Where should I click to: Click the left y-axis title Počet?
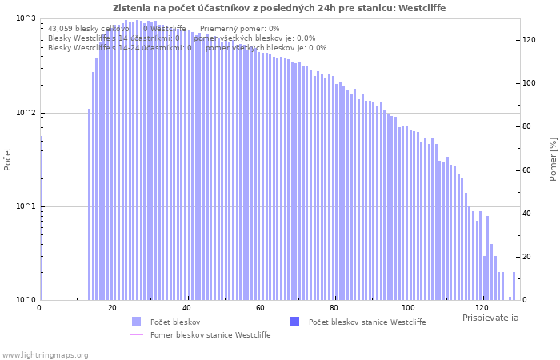coord(8,158)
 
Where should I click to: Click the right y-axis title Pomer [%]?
coord(552,158)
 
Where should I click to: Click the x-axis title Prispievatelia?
coord(490,318)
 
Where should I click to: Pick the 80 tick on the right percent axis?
coord(530,126)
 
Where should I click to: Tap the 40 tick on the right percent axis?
coord(530,214)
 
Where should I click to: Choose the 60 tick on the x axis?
coord(261,308)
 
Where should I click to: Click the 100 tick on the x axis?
coord(408,308)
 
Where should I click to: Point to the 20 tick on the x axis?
coord(113,308)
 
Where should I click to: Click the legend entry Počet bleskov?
coord(174,322)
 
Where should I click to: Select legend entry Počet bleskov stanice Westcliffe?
coord(366,322)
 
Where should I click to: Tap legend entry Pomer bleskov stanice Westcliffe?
coord(210,335)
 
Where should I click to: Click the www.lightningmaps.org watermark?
coord(44,354)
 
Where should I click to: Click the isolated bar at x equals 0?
coord(41,216)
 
